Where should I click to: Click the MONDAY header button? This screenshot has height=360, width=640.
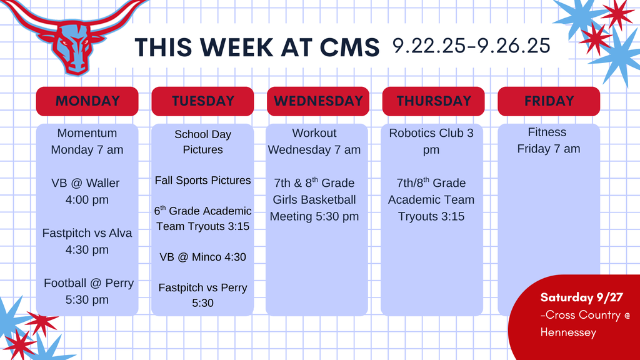tap(87, 101)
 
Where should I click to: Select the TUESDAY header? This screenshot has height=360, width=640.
tap(202, 101)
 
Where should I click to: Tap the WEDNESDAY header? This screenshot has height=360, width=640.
tap(318, 101)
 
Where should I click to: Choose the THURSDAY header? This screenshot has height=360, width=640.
tap(433, 101)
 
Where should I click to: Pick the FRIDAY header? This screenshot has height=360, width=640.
tap(549, 101)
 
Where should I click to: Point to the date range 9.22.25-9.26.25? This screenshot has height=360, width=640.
tap(471, 45)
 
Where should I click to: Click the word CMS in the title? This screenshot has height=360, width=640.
tap(347, 47)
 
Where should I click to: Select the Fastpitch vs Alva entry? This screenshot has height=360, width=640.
tap(87, 241)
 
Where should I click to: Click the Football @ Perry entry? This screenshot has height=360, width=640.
tap(88, 291)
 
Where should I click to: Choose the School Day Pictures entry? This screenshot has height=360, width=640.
tap(202, 142)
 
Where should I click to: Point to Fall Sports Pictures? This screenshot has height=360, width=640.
tap(202, 181)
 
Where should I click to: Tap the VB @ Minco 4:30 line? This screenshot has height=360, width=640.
tap(202, 257)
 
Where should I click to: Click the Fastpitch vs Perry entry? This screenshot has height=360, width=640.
tap(202, 295)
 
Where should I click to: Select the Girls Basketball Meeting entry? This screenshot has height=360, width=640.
tap(314, 200)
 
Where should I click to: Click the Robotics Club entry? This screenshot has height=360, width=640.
tap(431, 141)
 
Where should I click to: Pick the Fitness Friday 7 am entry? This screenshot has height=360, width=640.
tap(548, 141)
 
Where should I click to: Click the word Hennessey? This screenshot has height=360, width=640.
tap(568, 332)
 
